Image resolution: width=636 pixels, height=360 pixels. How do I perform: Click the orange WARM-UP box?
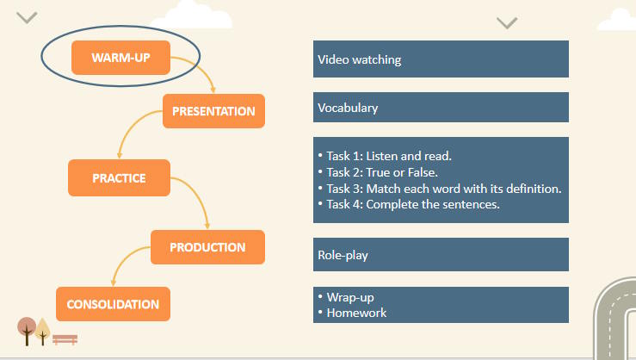pyautogui.click(x=120, y=58)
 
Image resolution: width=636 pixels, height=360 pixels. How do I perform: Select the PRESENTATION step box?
pyautogui.click(x=213, y=111)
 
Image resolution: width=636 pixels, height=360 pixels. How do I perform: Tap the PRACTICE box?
pyautogui.click(x=119, y=178)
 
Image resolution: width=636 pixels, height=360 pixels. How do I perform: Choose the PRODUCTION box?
pyautogui.click(x=207, y=247)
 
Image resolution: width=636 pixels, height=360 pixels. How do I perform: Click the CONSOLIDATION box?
pyautogui.click(x=113, y=304)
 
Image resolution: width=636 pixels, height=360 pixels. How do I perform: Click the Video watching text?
pyautogui.click(x=360, y=60)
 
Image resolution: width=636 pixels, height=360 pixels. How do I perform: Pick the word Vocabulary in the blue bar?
pyautogui.click(x=348, y=109)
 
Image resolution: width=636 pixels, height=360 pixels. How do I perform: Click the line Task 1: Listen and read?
pyautogui.click(x=389, y=156)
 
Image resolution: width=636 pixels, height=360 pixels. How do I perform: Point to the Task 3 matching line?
pyautogui.click(x=444, y=189)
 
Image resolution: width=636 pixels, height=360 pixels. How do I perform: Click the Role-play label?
pyautogui.click(x=343, y=256)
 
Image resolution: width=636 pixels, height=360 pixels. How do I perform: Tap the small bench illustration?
pyautogui.click(x=65, y=339)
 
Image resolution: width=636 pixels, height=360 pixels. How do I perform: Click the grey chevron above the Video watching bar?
pyautogui.click(x=507, y=22)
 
